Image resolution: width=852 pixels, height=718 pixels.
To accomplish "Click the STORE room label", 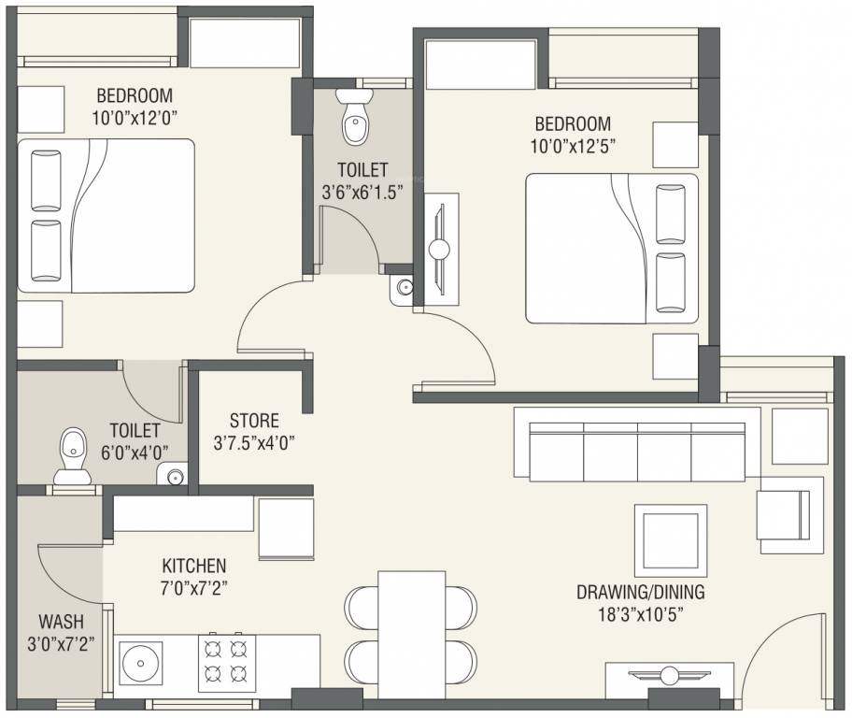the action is [x=254, y=421].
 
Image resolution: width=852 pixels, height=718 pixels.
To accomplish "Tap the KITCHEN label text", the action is [x=194, y=566].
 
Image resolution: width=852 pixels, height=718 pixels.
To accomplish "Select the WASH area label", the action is [x=61, y=621].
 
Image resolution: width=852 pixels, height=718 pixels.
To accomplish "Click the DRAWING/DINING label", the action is [x=641, y=592].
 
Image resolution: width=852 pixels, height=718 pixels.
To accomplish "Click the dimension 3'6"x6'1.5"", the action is [x=362, y=192].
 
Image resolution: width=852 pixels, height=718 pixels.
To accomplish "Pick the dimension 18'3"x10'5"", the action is [x=641, y=614].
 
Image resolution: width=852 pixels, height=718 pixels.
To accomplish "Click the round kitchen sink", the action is [x=140, y=663].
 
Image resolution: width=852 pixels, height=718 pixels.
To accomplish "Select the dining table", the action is [x=412, y=634].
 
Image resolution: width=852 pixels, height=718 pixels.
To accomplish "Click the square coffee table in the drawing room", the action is [x=671, y=540].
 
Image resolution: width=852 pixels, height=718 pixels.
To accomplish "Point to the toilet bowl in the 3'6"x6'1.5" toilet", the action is [x=354, y=115].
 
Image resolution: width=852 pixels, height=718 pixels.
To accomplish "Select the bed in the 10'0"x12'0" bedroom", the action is [x=106, y=216].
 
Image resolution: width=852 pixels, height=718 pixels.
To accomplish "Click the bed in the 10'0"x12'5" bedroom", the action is [x=612, y=249].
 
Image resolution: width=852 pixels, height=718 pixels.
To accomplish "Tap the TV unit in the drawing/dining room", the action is [x=670, y=677].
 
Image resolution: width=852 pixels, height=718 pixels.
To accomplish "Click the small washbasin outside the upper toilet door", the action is [x=403, y=287].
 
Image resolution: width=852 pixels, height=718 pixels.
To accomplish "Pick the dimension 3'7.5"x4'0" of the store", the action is [x=254, y=443].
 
